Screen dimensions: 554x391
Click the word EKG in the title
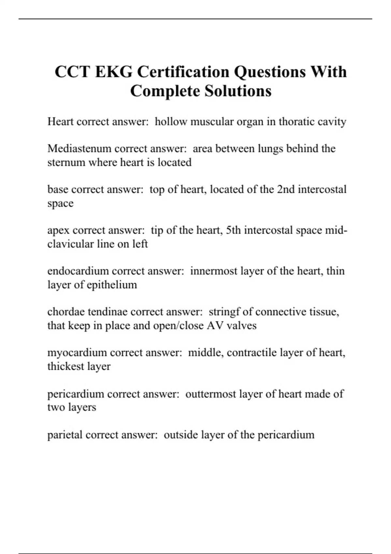pyautogui.click(x=114, y=72)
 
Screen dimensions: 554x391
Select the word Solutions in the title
pyautogui.click(x=238, y=91)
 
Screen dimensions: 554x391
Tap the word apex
pyautogui.click(x=58, y=230)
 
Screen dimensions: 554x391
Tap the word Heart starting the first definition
pyautogui.click(x=60, y=122)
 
